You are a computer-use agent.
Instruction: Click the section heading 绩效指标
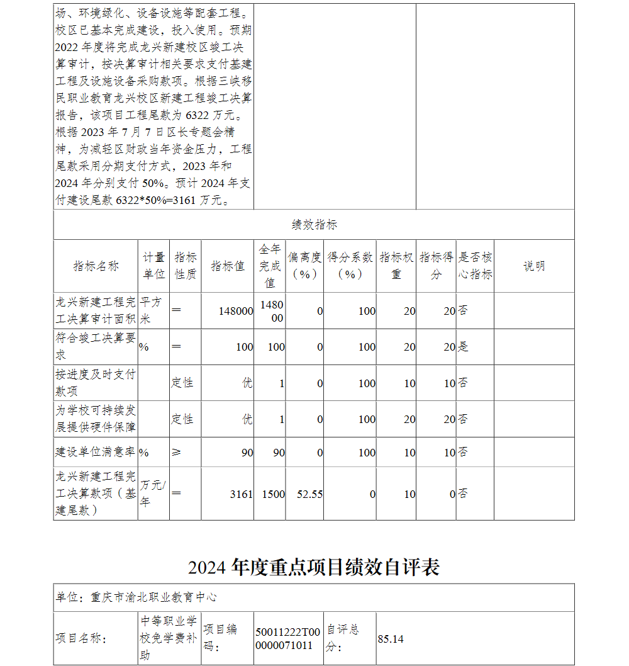pyautogui.click(x=314, y=225)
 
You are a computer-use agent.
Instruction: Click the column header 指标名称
pyautogui.click(x=96, y=266)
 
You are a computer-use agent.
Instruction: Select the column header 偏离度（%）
pyautogui.click(x=304, y=266)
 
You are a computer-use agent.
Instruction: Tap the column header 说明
pyautogui.click(x=534, y=266)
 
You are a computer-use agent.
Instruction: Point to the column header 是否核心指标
pyautogui.click(x=475, y=266)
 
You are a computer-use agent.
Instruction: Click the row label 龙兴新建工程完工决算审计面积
pyautogui.click(x=96, y=310)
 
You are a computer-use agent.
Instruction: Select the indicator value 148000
pyautogui.click(x=236, y=311)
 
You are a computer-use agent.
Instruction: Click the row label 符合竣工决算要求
pyautogui.click(x=96, y=347)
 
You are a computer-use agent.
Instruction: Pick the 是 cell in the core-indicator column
pyautogui.click(x=463, y=347)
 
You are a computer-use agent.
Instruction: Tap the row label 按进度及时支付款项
pyautogui.click(x=96, y=383)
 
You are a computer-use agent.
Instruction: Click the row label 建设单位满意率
pyautogui.click(x=96, y=453)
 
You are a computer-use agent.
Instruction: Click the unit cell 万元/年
pyautogui.click(x=153, y=494)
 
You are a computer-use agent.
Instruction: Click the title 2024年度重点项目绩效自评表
pyautogui.click(x=314, y=567)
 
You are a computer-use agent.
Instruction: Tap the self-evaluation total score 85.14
pyautogui.click(x=391, y=640)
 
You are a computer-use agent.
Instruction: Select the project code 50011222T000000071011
pyautogui.click(x=288, y=638)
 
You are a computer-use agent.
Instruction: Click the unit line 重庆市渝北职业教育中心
pyautogui.click(x=154, y=597)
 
